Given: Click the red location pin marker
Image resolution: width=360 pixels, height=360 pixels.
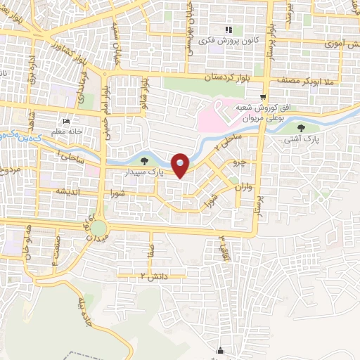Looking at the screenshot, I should point(181,165).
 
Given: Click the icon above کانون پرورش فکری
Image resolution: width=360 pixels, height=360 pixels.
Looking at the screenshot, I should point(229,30).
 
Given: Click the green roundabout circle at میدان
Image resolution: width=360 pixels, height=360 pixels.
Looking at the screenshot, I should point(98,229).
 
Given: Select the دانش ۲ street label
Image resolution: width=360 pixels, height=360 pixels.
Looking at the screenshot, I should point(155,275).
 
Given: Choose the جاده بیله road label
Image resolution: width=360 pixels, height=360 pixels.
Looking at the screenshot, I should point(83,311).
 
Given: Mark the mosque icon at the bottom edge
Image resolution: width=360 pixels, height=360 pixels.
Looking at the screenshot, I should point(222,351).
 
